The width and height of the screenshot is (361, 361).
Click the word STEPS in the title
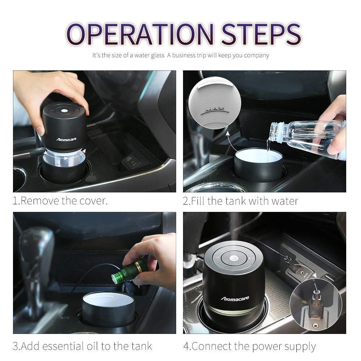click(x=261, y=34)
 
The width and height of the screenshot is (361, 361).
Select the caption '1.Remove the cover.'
click(x=60, y=201)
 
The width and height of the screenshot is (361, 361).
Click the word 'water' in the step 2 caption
click(x=284, y=201)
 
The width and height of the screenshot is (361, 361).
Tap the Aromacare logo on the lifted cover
click(x=66, y=139)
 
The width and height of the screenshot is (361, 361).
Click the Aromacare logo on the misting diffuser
click(x=235, y=299)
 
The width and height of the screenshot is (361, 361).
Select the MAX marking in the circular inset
click(x=214, y=109)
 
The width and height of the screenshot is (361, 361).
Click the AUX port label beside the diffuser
click(x=305, y=274)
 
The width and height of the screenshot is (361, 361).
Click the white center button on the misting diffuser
click(x=234, y=258)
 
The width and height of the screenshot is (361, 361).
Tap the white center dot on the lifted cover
click(x=65, y=111)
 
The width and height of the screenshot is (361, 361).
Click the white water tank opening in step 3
click(x=108, y=299)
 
